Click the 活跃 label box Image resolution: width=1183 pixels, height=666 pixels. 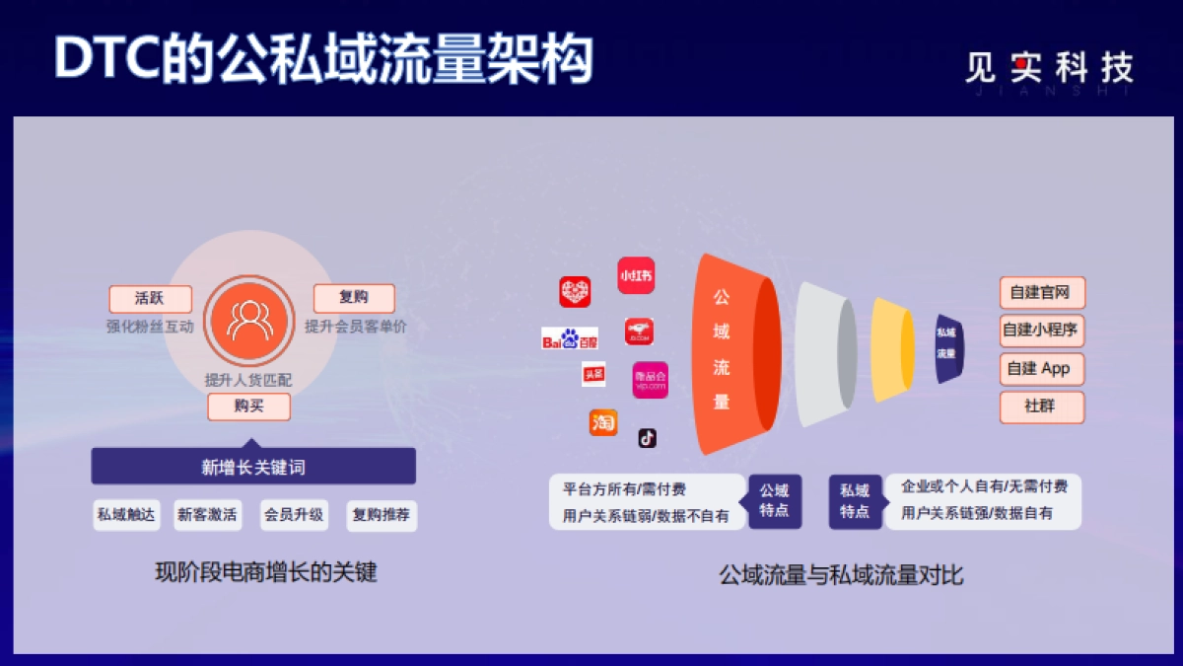click(150, 298)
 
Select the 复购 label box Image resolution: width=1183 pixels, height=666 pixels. click(354, 298)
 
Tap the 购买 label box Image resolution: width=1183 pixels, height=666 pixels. click(248, 407)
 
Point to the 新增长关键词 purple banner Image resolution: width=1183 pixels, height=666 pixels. click(253, 467)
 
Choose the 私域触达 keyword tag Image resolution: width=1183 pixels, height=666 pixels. click(126, 515)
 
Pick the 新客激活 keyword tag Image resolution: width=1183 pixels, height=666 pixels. click(207, 515)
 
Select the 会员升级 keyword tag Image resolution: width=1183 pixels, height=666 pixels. click(293, 515)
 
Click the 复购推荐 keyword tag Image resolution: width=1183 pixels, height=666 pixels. click(382, 515)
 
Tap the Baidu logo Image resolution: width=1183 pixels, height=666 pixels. click(570, 339)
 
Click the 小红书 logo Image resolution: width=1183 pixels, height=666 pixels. click(636, 275)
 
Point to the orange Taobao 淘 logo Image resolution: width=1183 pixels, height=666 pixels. click(603, 422)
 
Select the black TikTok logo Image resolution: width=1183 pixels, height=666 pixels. click(647, 437)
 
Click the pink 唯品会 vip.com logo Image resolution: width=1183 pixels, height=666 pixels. click(651, 379)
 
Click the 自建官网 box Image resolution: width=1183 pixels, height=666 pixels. click(1041, 293)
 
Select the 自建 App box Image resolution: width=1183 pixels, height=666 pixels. click(1041, 369)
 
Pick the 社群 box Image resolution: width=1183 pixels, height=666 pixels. click(1041, 407)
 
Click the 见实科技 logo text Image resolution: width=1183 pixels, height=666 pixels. click(1049, 67)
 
